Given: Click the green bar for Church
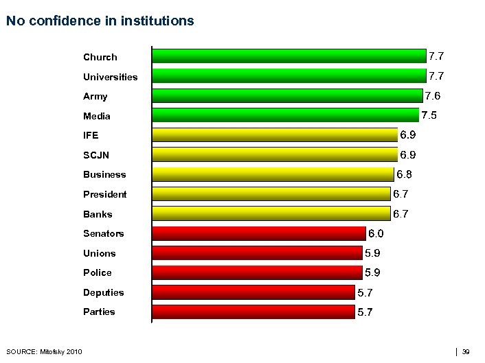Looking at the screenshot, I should coord(289,56).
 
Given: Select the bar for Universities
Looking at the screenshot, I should coord(289,75).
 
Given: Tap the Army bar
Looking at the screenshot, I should coord(286,95).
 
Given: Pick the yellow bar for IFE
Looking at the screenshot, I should coord(275,134).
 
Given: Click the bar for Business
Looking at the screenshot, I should coord(273,174).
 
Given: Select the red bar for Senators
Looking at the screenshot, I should coord(259,233).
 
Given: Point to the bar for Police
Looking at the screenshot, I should coord(257,272).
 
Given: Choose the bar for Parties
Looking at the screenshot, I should coord(253,312).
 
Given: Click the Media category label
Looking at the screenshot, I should coord(97,116).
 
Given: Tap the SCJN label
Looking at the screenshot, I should coord(96,155).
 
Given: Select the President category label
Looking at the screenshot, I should coord(105,194).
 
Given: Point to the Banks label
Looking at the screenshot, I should coord(98,214).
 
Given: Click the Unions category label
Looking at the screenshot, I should coord(100,253).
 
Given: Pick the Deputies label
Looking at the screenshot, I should coord(104,292).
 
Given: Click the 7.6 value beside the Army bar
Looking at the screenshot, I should coord(433,95).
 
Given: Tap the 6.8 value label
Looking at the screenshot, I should coord(405,174).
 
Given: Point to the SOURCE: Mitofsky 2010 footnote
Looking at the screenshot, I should coord(44,352).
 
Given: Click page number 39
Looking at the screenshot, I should coord(466,352).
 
